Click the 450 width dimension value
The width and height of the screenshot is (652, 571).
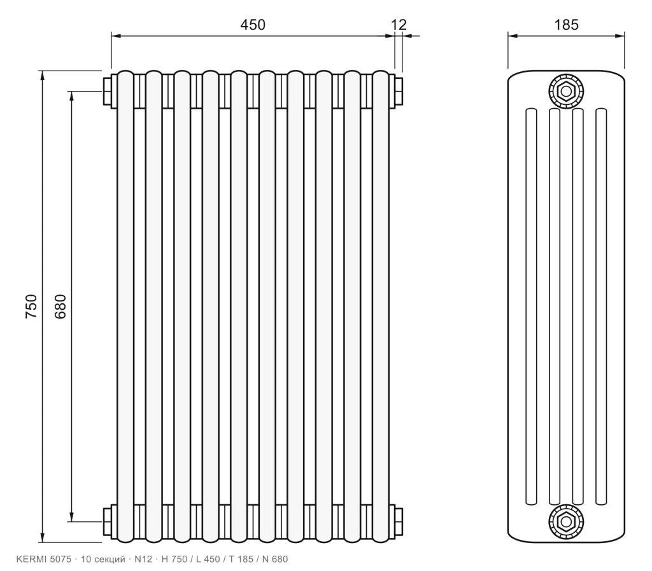coord(252,25)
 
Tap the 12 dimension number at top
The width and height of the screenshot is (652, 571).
coord(399,25)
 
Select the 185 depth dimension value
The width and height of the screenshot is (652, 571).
coord(566,25)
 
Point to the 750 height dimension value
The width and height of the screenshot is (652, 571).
coord(32,306)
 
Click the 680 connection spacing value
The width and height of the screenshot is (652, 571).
coord(60,306)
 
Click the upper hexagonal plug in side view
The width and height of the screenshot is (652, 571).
coord(566,91)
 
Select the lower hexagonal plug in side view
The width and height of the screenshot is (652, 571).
coord(566,521)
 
